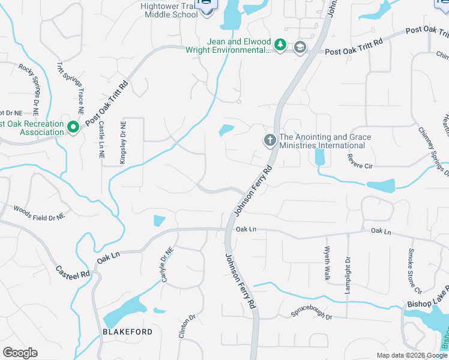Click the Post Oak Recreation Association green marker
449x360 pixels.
(x=73, y=127)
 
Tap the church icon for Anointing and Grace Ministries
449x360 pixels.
(x=270, y=140)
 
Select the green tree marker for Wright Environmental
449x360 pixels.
(x=280, y=44)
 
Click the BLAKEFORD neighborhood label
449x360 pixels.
(x=125, y=332)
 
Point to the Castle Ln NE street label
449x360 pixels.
(x=101, y=140)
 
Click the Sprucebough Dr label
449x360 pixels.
(x=312, y=313)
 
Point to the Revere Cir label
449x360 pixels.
(x=360, y=161)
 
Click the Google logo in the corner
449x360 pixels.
(x=20, y=353)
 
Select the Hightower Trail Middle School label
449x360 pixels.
(x=169, y=10)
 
